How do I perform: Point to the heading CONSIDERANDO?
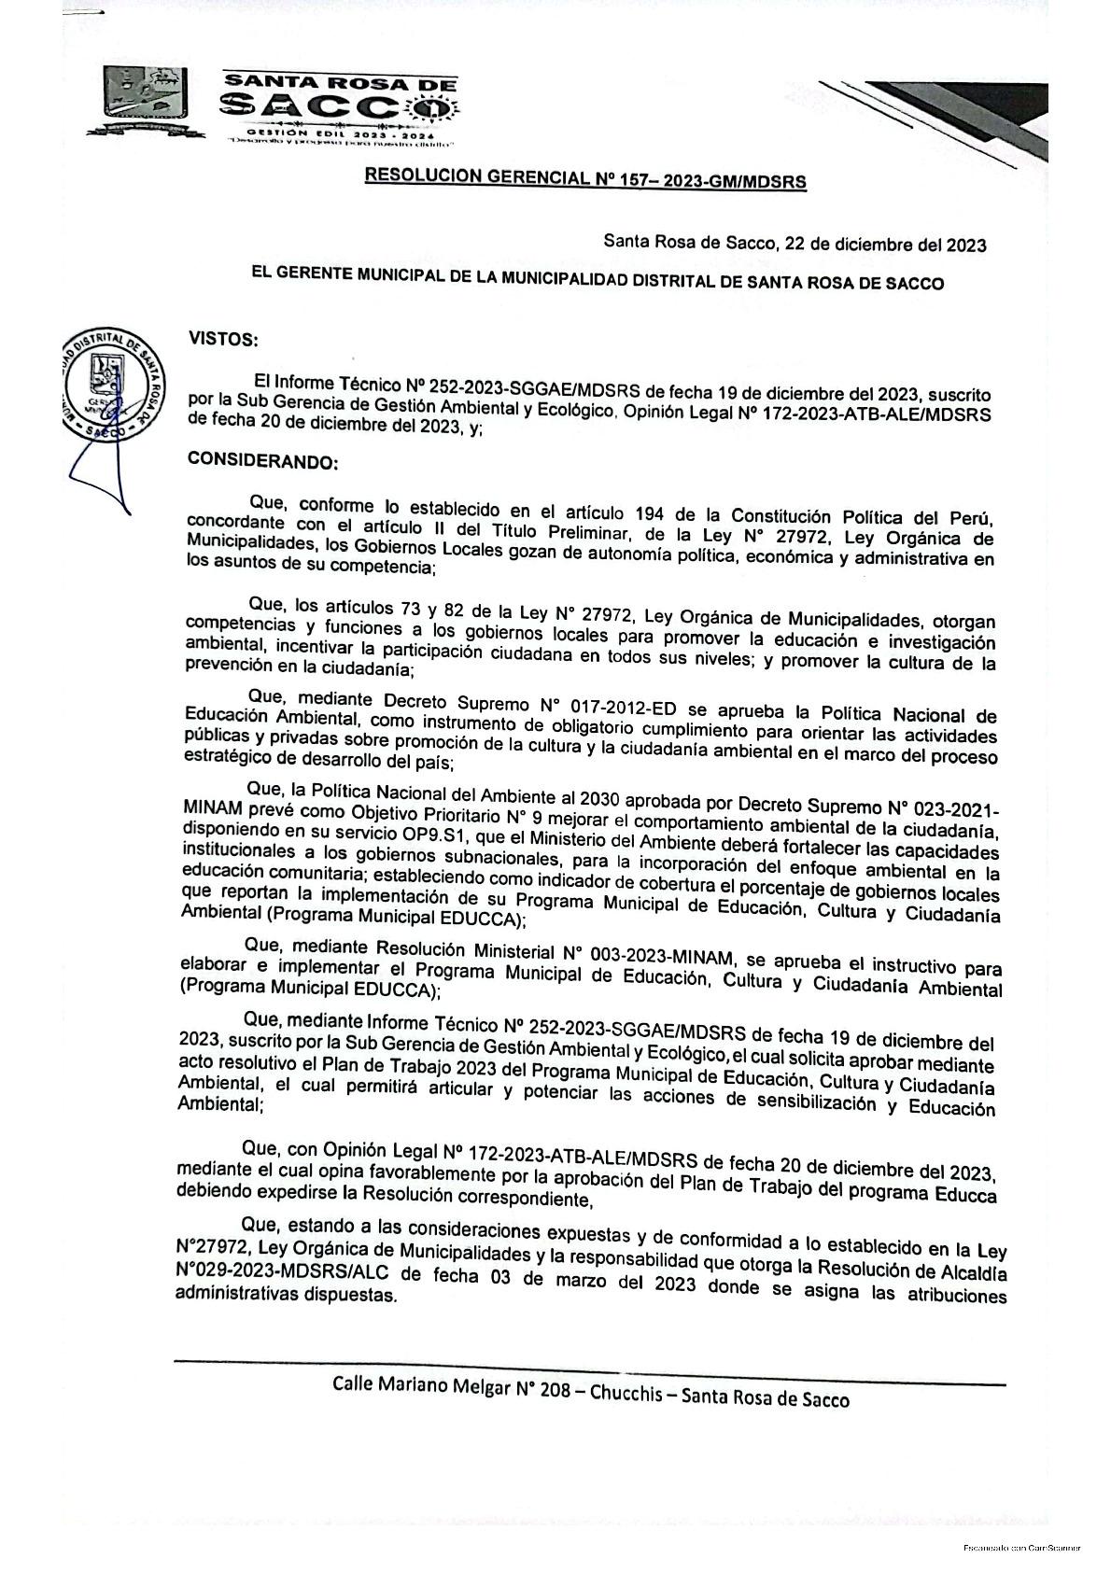click(262, 461)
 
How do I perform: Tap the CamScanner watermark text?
click(1021, 1547)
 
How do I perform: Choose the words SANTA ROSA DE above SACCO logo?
click(340, 82)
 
